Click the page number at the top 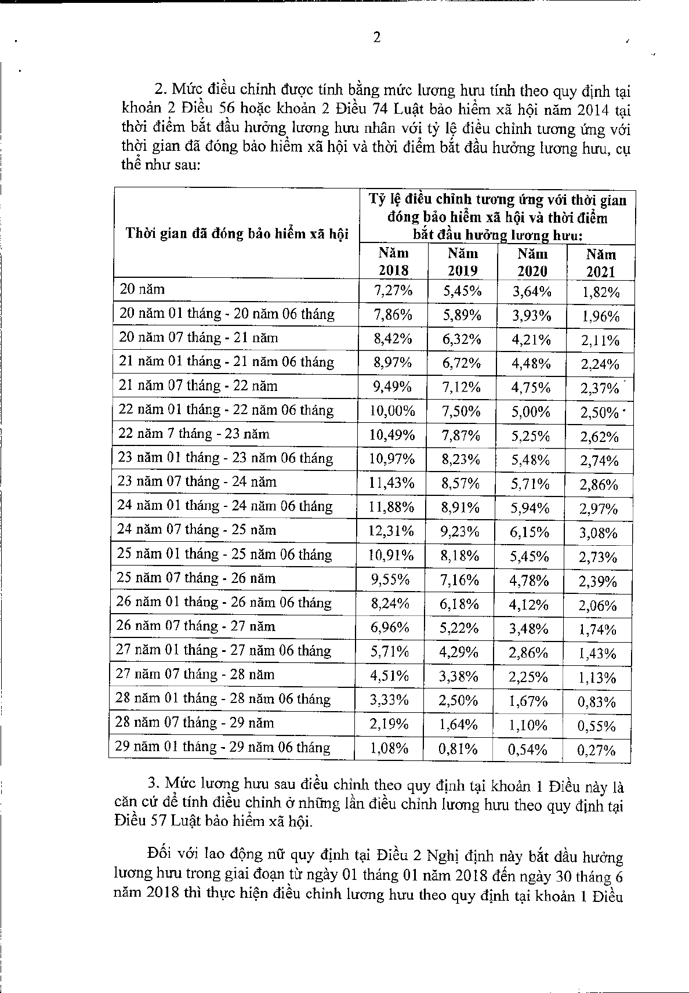click(x=377, y=38)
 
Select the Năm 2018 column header click(x=394, y=262)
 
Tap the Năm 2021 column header click(x=601, y=263)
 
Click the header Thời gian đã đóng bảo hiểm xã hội click(x=237, y=234)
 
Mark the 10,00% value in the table click(x=393, y=412)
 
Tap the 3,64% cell click(x=531, y=291)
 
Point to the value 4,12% click(x=529, y=605)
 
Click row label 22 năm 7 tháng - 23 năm click(x=194, y=434)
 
